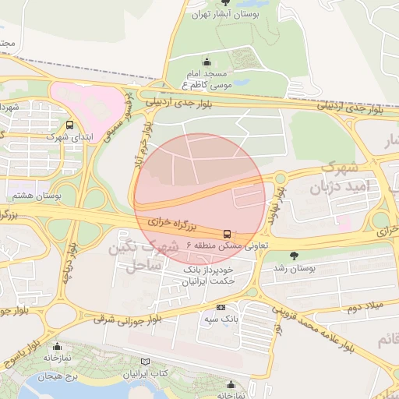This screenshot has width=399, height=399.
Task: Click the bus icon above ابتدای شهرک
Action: [x=71, y=125]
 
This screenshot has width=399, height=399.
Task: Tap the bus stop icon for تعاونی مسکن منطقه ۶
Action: [x=227, y=233]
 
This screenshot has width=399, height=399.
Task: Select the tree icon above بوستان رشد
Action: [x=294, y=256]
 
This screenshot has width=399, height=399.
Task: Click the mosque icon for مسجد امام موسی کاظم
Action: [x=207, y=62]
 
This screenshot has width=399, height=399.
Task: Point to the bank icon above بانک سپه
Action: [x=221, y=307]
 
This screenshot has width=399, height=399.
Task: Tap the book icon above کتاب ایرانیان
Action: [x=145, y=362]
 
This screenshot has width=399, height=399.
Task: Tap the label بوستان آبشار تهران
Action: [x=226, y=14]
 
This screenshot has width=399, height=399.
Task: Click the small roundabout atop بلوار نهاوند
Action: [x=279, y=177]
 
